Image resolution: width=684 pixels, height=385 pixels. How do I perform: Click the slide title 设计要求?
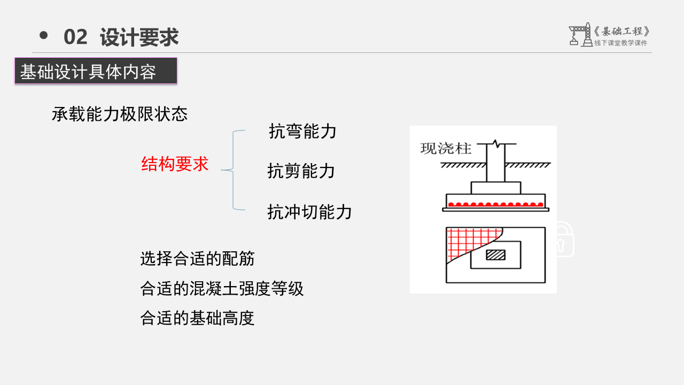pyautogui.click(x=139, y=37)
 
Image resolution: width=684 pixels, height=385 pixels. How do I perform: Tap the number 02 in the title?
pyautogui.click(x=75, y=37)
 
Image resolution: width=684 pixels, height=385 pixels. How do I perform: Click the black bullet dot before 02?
pyautogui.click(x=44, y=35)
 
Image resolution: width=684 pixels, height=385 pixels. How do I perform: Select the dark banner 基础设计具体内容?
pyautogui.click(x=96, y=71)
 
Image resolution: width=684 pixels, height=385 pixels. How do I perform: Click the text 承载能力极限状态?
pyautogui.click(x=120, y=114)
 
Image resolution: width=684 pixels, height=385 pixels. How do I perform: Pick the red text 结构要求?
pyautogui.click(x=175, y=164)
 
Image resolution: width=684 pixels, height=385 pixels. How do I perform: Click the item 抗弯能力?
pyautogui.click(x=302, y=131)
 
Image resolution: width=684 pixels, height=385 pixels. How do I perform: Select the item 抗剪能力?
pyautogui.click(x=301, y=171)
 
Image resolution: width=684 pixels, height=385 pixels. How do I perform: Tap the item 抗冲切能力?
pyautogui.click(x=309, y=212)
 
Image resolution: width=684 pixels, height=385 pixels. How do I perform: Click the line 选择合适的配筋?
pyautogui.click(x=197, y=259)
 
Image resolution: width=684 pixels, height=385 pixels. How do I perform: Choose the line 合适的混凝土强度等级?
pyautogui.click(x=222, y=289)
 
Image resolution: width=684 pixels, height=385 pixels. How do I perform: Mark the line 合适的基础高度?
pyautogui.click(x=197, y=318)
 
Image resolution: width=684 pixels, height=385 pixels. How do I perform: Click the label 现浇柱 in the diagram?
pyautogui.click(x=446, y=148)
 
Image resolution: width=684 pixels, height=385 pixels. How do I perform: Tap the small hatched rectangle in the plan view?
pyautogui.click(x=495, y=255)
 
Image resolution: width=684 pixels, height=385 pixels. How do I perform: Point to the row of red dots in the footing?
pyautogui.click(x=495, y=204)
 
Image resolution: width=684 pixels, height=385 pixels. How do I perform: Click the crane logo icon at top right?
pyautogui.click(x=580, y=34)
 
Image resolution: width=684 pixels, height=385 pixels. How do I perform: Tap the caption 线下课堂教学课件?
pyautogui.click(x=620, y=43)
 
